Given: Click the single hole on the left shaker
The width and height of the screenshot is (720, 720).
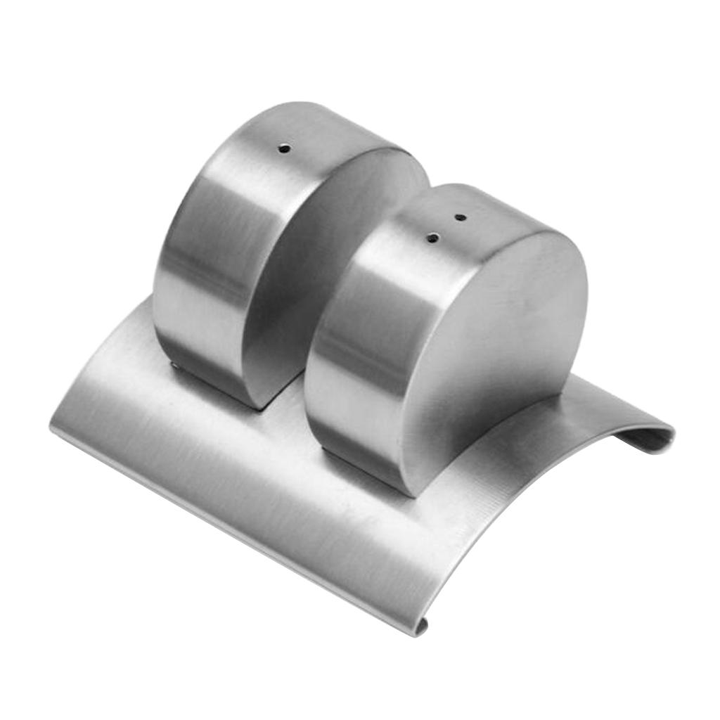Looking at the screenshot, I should (283, 148).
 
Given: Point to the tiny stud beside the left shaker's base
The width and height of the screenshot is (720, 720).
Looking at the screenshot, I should (174, 365).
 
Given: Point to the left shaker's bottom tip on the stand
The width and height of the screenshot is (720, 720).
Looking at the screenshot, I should (257, 404).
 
